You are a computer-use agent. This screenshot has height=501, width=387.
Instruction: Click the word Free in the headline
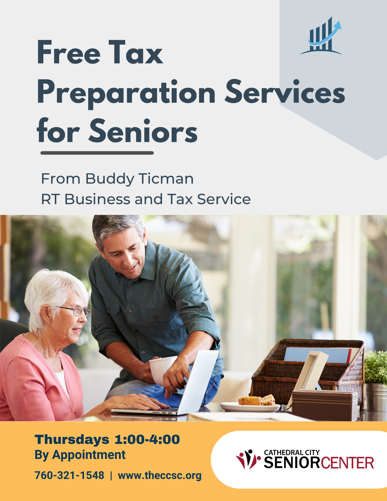[69, 53]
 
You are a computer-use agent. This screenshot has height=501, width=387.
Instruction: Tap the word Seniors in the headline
[143, 131]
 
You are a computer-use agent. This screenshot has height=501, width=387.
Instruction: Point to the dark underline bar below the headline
[97, 153]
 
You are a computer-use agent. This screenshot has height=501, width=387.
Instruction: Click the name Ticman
[166, 179]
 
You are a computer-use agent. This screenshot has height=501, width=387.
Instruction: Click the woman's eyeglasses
[75, 311]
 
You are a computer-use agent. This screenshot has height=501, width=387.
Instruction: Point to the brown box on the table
[325, 405]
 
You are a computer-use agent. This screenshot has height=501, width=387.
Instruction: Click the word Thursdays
[72, 440]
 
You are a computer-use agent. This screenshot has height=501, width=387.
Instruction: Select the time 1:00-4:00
[147, 439]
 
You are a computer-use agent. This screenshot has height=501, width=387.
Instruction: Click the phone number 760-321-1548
[69, 475]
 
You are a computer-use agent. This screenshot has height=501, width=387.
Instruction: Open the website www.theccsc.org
[160, 475]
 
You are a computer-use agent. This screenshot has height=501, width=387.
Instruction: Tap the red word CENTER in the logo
[347, 463]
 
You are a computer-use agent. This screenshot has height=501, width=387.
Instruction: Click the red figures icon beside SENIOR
[248, 459]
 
